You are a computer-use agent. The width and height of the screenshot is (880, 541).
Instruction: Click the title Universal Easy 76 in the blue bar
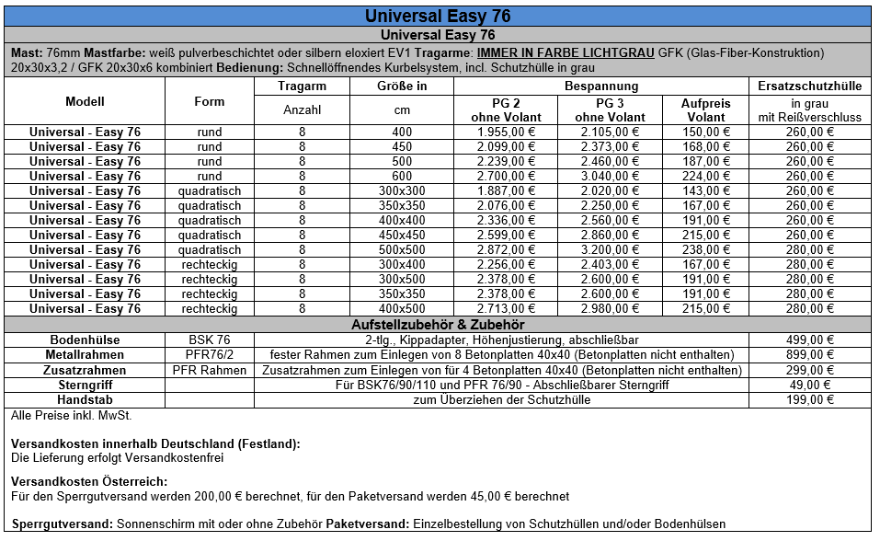point(438,17)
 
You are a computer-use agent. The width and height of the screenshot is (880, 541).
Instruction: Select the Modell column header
point(85,101)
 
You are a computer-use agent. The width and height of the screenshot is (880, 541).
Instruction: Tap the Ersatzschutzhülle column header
point(809,86)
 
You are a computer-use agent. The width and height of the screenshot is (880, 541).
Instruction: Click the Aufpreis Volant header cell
point(706,109)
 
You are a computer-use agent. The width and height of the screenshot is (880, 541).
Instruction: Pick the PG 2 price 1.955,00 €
point(506,132)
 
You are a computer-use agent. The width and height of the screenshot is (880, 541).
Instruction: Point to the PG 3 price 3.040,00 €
point(611,176)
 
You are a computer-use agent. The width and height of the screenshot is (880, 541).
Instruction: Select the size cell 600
point(402,176)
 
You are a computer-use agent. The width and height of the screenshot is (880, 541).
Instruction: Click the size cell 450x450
point(402,235)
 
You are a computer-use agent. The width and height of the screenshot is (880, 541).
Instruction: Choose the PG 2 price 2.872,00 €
point(506,249)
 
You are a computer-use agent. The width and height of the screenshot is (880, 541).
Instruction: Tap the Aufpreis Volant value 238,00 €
point(706,249)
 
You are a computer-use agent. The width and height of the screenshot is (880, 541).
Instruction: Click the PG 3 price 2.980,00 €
point(611,308)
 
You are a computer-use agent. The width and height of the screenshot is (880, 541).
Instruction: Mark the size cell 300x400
point(402,264)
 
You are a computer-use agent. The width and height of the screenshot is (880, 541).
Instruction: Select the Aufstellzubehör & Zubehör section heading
point(438,325)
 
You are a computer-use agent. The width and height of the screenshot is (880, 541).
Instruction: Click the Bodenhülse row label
point(85,340)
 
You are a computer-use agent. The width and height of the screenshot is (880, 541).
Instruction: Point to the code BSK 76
point(210,340)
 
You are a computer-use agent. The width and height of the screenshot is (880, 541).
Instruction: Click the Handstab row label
point(85,399)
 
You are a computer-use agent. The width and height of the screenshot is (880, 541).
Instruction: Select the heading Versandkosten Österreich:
point(89,481)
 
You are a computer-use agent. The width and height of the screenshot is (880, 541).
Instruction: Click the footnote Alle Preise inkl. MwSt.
point(60,416)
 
